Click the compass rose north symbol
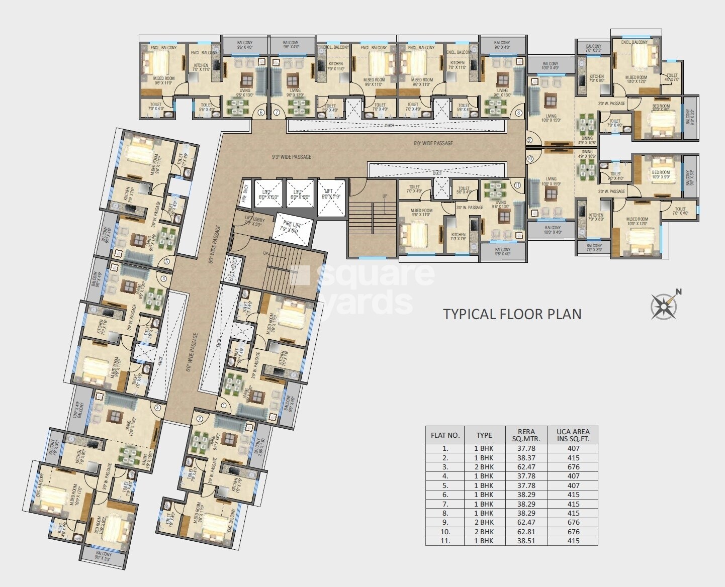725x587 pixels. [663, 305]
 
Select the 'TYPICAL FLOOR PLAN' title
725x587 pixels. [512, 314]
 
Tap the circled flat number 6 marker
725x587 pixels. [261, 113]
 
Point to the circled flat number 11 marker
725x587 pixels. [518, 184]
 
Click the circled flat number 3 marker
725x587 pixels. [157, 408]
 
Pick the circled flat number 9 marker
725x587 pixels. [529, 140]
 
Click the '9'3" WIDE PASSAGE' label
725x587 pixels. [291, 157]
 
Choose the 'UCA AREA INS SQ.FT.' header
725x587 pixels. [573, 435]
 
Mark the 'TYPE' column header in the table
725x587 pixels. [484, 435]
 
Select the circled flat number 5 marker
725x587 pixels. [166, 261]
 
